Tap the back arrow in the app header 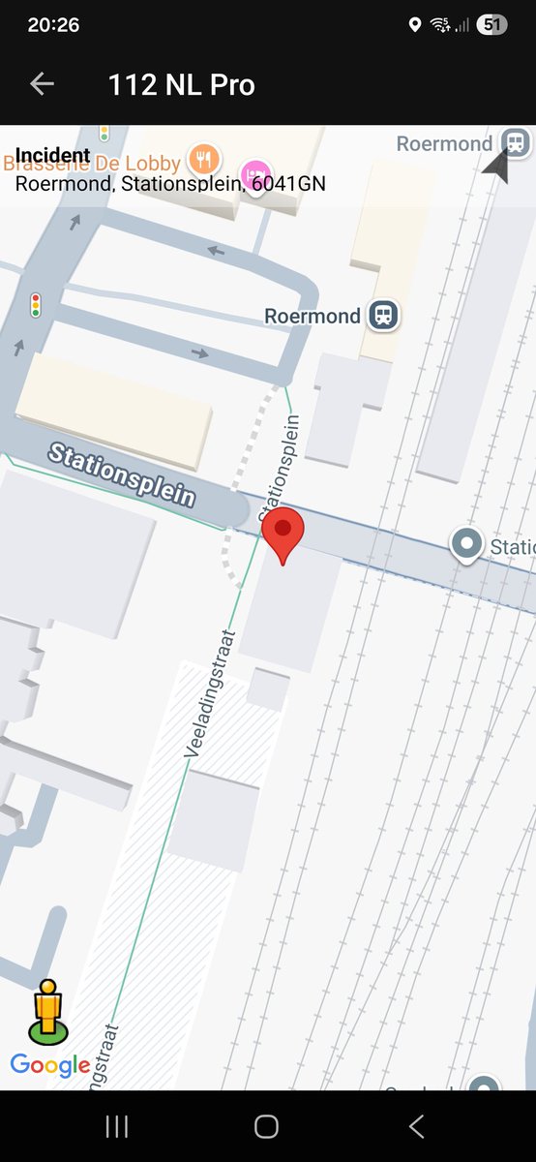[x=42, y=84]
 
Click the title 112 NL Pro [x=182, y=85]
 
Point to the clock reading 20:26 [x=53, y=25]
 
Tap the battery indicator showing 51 [x=492, y=25]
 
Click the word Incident [x=53, y=155]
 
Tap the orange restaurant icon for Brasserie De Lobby [x=203, y=157]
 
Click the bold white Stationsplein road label [x=121, y=474]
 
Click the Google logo [x=50, y=1065]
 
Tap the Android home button [x=266, y=1126]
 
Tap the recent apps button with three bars [x=116, y=1126]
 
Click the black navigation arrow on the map [x=496, y=167]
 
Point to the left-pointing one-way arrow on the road [x=216, y=252]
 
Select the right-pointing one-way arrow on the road [x=199, y=352]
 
